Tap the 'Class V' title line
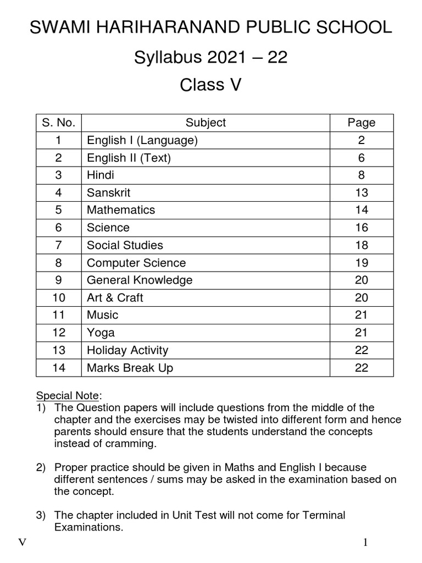[211, 85]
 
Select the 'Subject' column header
[206, 123]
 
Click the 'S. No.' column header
[58, 123]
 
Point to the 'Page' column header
[361, 123]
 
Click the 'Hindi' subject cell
[101, 175]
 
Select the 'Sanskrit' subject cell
[108, 192]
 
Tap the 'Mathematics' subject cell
[121, 210]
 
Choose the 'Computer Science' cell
[136, 263]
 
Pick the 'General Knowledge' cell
[140, 280]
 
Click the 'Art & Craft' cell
[115, 298]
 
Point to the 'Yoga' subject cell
[101, 333]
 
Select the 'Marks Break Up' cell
[130, 368]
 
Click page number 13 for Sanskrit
[361, 192]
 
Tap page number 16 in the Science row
[361, 228]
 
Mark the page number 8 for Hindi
[361, 175]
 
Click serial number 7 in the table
[58, 245]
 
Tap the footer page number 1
[365, 543]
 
